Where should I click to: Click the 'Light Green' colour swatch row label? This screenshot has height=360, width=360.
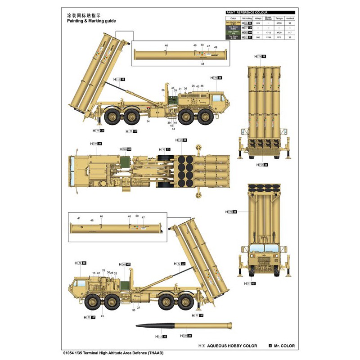click(x=233, y=33)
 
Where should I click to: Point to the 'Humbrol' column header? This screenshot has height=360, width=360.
click(x=290, y=18)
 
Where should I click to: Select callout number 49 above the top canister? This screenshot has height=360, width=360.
click(x=216, y=47)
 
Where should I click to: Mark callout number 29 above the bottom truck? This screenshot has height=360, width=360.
click(x=103, y=270)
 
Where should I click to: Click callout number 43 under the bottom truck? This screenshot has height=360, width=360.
click(x=102, y=316)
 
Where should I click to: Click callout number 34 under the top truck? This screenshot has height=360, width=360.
click(x=148, y=121)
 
